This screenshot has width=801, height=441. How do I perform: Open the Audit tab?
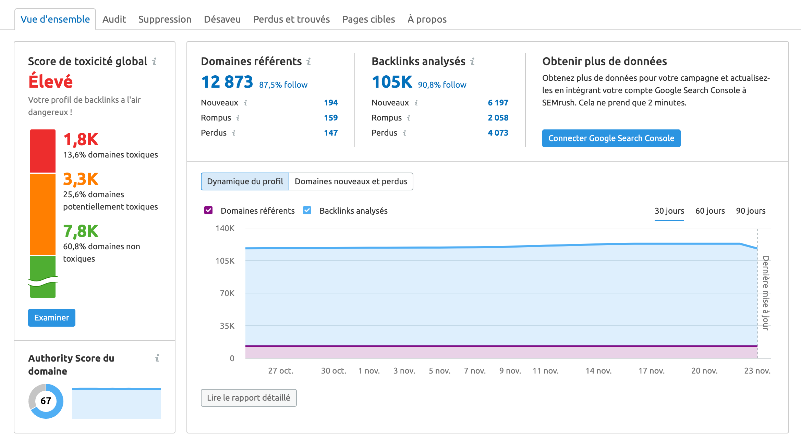pyautogui.click(x=114, y=19)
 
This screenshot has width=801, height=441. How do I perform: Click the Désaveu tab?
pyautogui.click(x=222, y=19)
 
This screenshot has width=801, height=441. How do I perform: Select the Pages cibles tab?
pyautogui.click(x=368, y=19)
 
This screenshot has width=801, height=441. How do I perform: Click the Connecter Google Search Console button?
pyautogui.click(x=611, y=138)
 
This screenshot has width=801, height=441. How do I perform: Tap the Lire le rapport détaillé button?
pyautogui.click(x=248, y=398)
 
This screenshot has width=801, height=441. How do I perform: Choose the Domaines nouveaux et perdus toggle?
pyautogui.click(x=351, y=181)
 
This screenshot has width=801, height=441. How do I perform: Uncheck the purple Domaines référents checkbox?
pyautogui.click(x=208, y=210)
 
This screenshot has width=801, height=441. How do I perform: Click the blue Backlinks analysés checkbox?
pyautogui.click(x=307, y=210)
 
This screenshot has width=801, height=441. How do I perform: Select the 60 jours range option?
pyautogui.click(x=710, y=211)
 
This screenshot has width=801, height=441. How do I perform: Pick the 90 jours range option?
pyautogui.click(x=751, y=211)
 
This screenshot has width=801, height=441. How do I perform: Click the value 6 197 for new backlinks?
pyautogui.click(x=498, y=103)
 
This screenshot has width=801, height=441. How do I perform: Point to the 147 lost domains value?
pyautogui.click(x=331, y=133)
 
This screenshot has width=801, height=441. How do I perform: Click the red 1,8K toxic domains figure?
pyautogui.click(x=81, y=140)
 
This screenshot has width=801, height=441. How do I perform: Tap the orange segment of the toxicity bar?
pyautogui.click(x=43, y=214)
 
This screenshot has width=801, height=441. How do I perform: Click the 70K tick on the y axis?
pyautogui.click(x=227, y=293)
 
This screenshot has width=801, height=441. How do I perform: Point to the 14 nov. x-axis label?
pyautogui.click(x=598, y=371)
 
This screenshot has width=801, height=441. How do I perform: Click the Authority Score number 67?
pyautogui.click(x=46, y=401)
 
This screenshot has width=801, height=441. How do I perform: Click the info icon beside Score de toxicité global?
pyautogui.click(x=155, y=61)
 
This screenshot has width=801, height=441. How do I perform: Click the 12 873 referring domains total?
pyautogui.click(x=227, y=82)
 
